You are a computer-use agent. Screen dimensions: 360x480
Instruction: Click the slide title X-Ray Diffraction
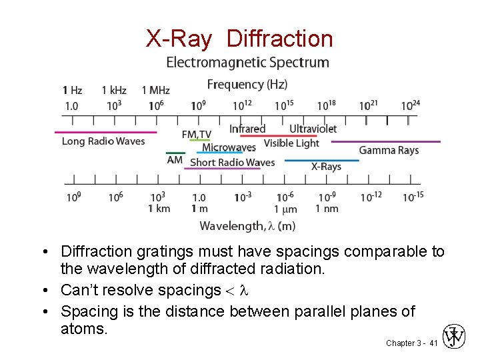[239, 39]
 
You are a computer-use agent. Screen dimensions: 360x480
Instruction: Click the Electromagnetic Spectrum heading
[247, 63]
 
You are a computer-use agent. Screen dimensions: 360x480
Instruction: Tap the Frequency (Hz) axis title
[247, 85]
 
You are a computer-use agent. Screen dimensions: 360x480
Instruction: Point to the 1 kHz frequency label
[114, 90]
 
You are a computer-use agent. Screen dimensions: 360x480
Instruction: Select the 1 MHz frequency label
[155, 90]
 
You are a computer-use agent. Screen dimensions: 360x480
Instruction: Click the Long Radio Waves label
[103, 141]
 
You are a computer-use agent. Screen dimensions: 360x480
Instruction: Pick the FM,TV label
[196, 135]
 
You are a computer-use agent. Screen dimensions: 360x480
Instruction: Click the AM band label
[175, 160]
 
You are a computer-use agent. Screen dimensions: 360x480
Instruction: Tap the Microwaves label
[229, 147]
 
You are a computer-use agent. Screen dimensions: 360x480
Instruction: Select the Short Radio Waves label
[232, 162]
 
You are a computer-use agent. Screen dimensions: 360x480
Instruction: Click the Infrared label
[247, 129]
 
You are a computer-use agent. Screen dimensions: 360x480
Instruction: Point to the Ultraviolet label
[313, 129]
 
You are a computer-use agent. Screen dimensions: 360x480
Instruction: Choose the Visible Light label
[291, 143]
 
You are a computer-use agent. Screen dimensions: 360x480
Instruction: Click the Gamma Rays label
[389, 151]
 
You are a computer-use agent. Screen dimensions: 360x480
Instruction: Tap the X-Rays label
[326, 167]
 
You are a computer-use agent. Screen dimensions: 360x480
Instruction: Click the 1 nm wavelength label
[327, 209]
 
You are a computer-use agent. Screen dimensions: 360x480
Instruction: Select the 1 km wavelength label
[159, 209]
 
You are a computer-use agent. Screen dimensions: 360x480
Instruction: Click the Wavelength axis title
[247, 226]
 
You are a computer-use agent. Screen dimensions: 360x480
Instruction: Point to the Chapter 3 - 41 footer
[411, 343]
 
